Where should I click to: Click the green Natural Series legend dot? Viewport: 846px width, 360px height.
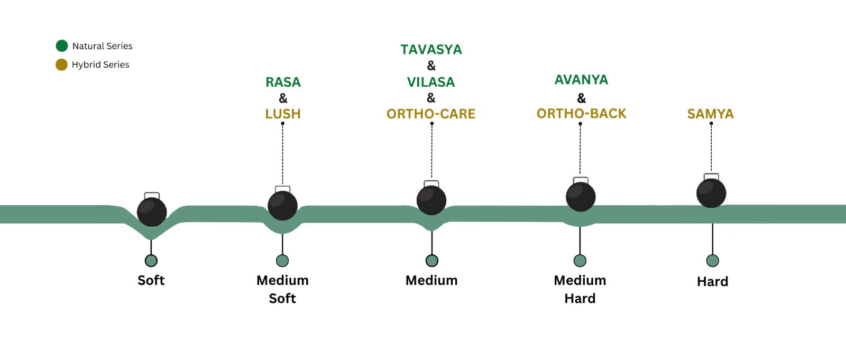pos(62,46)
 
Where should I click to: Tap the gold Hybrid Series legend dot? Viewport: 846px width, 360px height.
pos(61,64)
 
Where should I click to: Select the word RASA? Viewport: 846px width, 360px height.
pos(283,82)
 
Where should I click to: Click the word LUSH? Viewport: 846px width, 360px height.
pos(283,114)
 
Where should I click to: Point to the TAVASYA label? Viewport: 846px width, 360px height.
pos(431,50)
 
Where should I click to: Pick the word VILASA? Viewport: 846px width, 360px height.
pos(431,82)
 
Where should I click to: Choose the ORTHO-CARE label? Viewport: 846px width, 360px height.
pos(431,114)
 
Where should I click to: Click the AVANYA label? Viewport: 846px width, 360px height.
pos(581,80)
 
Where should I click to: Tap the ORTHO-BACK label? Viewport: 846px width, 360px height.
pos(581,114)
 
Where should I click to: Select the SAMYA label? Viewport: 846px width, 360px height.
pos(710,114)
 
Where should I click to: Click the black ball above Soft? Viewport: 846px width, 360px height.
pos(152,212)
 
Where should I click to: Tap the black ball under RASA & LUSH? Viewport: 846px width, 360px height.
pos(282,206)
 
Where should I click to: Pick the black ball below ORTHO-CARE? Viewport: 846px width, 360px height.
pos(431,200)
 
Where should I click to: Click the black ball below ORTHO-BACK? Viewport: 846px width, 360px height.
pos(581,197)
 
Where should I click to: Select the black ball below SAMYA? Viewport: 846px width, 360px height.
pos(711,193)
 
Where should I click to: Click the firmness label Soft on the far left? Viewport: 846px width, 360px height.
pos(151,280)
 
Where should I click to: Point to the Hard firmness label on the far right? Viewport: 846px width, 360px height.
pos(712,281)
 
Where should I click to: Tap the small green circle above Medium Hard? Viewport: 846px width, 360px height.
pos(580,261)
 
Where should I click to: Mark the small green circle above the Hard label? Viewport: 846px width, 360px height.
pos(712,261)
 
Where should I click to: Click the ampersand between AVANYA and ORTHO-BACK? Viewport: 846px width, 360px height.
pos(581,98)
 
